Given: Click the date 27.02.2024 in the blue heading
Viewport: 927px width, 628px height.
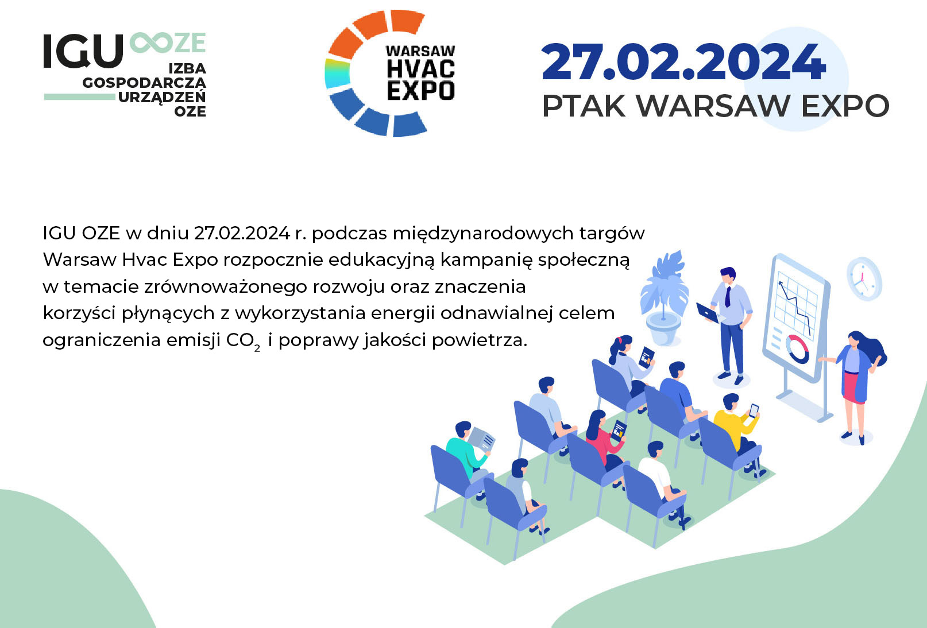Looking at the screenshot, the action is tap(683, 62).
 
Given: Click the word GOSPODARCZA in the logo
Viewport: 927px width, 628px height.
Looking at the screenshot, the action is tap(144, 83).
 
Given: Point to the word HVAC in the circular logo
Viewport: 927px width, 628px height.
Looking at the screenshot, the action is tap(421, 69).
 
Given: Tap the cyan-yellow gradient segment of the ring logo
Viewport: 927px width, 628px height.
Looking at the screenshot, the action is tap(337, 73).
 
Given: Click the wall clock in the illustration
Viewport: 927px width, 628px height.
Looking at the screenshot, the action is tap(864, 278).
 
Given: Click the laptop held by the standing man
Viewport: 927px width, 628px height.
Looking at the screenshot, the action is tap(708, 313).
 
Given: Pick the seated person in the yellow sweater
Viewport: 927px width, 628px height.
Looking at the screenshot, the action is tap(736, 426).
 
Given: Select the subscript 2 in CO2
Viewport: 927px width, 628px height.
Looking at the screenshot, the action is tap(257, 348).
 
